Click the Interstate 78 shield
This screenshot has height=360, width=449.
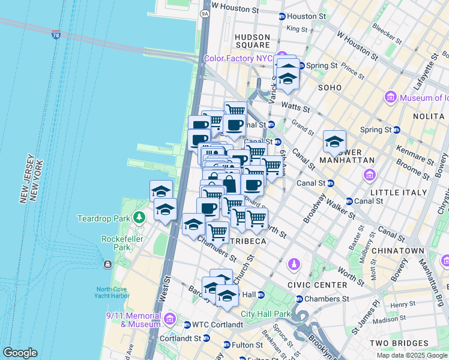[x=56, y=35]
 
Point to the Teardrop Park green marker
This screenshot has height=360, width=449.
[x=140, y=217]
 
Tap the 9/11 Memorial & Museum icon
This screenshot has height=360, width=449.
[x=170, y=317]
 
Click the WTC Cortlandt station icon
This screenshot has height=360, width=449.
[x=187, y=325]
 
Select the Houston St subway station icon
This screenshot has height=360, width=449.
[x=282, y=16]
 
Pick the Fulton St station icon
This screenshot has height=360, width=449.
[x=226, y=345]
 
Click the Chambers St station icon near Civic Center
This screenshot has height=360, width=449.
[x=299, y=299]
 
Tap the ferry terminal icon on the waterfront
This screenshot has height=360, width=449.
[x=107, y=264]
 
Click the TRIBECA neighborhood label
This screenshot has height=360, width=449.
[x=248, y=241]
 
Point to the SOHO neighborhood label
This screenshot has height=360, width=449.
[x=330, y=88]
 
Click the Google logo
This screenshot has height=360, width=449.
[x=20, y=353]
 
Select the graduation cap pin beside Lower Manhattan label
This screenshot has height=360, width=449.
[x=334, y=142]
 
